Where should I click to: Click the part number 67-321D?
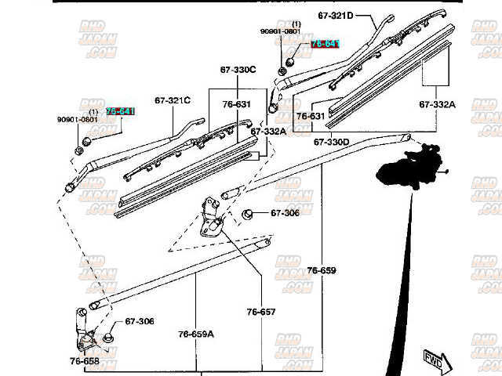(x=336, y=15)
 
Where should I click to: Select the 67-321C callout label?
(x=173, y=101)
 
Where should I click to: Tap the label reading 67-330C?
(x=238, y=70)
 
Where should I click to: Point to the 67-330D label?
(x=332, y=143)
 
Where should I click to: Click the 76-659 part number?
(x=321, y=271)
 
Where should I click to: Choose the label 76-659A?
(x=195, y=334)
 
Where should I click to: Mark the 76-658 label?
(x=84, y=361)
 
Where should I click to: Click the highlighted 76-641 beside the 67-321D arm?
(x=325, y=44)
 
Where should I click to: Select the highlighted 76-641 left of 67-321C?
(x=120, y=112)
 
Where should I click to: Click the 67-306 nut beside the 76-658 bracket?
(x=107, y=337)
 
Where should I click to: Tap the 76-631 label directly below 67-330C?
(x=236, y=104)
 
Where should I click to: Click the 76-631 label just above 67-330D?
(x=310, y=116)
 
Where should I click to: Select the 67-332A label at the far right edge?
(x=437, y=103)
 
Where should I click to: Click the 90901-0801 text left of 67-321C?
(x=77, y=120)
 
